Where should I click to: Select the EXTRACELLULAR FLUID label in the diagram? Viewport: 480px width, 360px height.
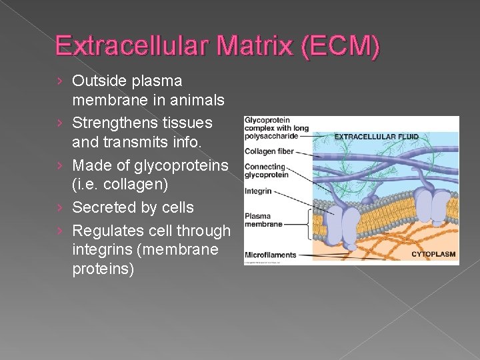click(x=376, y=137)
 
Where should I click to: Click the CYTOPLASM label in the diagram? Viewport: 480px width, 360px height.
click(x=433, y=254)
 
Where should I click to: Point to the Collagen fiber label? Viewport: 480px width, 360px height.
click(x=269, y=151)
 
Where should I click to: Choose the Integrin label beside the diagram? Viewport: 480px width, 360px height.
click(x=258, y=191)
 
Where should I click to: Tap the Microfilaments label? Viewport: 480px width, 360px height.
click(x=271, y=255)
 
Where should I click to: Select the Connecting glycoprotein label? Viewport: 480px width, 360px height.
click(x=266, y=171)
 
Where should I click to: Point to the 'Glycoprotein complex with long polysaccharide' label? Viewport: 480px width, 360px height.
click(x=276, y=127)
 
